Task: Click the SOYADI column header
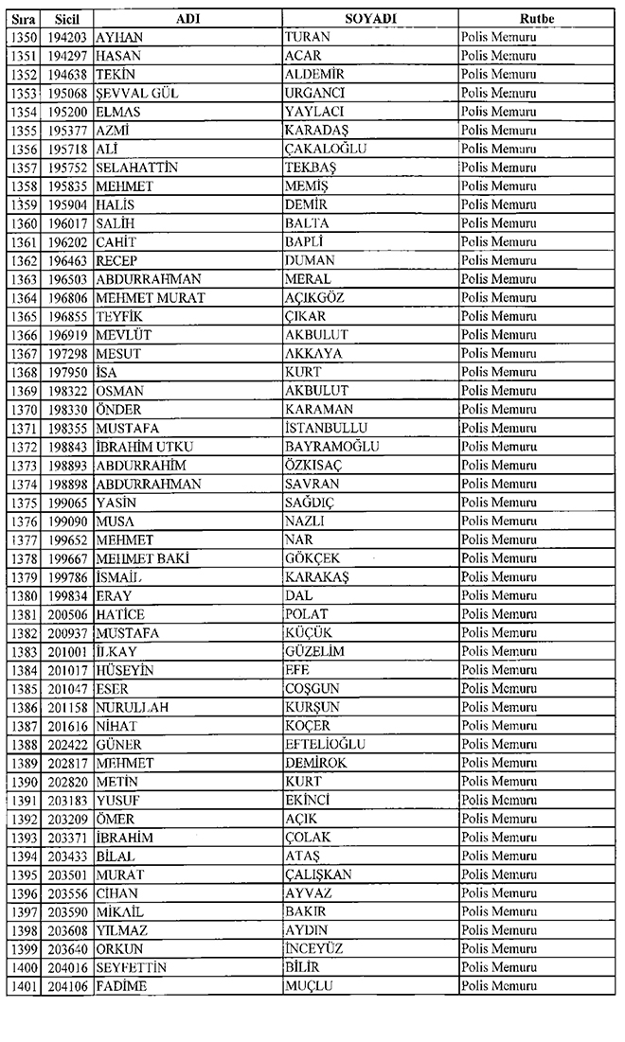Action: (370, 19)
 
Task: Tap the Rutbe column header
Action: (536, 19)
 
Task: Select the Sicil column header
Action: (65, 19)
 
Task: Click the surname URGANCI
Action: (313, 93)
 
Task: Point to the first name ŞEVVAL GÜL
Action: (137, 93)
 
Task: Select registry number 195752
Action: (65, 168)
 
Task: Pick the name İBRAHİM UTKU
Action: (142, 447)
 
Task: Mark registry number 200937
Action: (65, 632)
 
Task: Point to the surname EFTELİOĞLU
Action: (325, 744)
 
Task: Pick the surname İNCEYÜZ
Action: (316, 948)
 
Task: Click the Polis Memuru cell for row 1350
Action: (498, 37)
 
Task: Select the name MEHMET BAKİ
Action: (142, 558)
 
